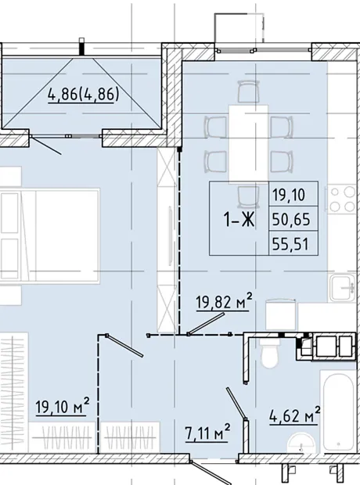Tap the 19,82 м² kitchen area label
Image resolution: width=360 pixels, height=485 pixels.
point(224,302)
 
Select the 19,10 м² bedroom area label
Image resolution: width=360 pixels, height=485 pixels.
point(63,406)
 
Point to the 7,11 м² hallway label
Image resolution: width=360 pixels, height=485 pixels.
point(207,433)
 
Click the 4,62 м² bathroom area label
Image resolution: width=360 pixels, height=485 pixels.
point(294,415)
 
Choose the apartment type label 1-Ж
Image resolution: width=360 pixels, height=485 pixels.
point(239,220)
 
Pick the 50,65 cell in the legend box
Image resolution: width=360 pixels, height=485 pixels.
point(291,219)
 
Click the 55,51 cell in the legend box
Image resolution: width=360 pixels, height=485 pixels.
point(291,244)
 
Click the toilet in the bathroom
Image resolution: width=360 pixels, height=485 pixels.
point(271,353)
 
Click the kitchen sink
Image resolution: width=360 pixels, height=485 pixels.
point(342,288)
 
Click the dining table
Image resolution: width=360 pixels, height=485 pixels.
point(248,145)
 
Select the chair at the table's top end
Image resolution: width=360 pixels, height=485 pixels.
point(249,92)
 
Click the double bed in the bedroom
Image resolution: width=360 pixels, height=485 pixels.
point(49,235)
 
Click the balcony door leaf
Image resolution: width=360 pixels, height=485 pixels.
point(46,145)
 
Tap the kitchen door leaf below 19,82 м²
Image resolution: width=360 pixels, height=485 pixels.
point(206,323)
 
